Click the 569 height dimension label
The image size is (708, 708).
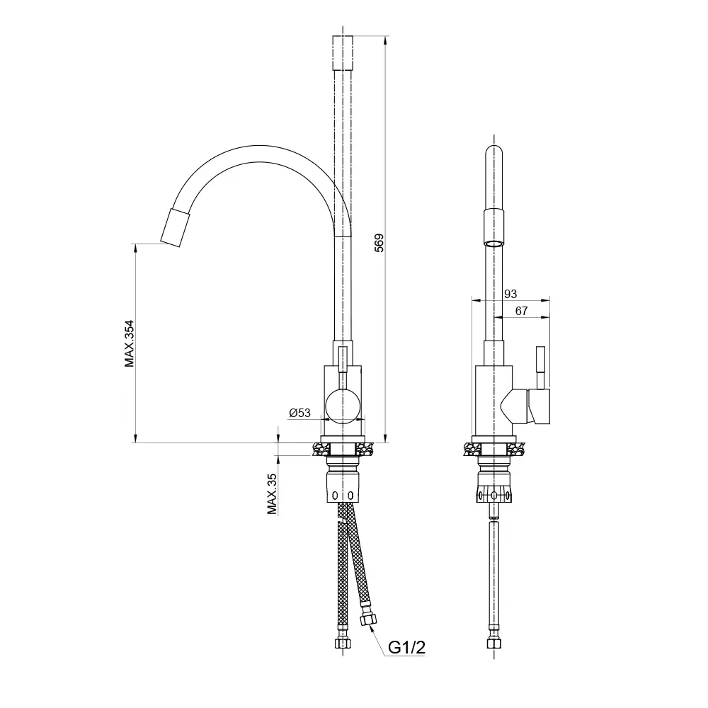pos(379,242)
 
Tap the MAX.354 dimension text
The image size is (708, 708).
pos(130,343)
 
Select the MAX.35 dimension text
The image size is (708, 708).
pos(272,494)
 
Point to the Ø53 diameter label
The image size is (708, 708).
pos(299,413)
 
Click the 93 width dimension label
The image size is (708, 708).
pos(510,294)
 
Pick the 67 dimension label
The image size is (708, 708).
pos(521,311)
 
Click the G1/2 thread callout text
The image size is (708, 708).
pos(407,649)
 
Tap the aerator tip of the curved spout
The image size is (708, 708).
pos(175,227)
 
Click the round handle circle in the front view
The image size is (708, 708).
pos(343,406)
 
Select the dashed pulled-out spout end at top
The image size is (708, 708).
pos(343,53)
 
